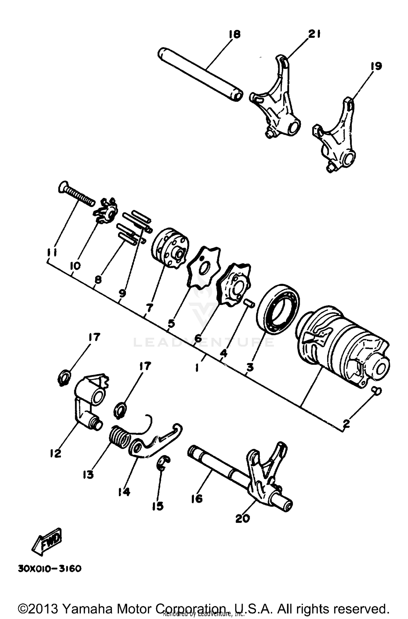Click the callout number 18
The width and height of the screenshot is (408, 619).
235,34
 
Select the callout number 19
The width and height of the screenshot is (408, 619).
376,66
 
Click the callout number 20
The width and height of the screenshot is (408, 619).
242,518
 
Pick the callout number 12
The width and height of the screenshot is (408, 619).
55,453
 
